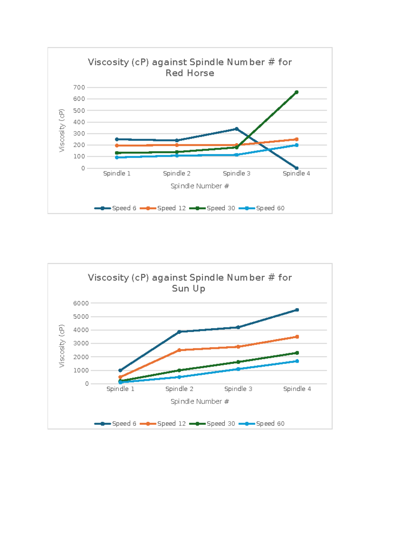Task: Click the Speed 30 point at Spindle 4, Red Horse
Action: (296, 92)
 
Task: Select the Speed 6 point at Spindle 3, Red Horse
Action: (236, 129)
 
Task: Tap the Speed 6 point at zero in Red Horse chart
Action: (296, 168)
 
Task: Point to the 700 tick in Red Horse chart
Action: (79, 88)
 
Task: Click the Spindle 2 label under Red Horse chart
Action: (177, 173)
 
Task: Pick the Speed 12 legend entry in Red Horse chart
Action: (163, 208)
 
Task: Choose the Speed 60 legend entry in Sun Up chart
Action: (262, 424)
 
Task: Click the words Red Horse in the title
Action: (190, 73)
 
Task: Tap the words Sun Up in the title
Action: (189, 288)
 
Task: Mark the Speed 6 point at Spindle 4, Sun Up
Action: (297, 310)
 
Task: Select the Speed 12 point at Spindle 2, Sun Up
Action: (179, 350)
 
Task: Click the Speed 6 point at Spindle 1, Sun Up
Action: (120, 370)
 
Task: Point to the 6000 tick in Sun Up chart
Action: (81, 303)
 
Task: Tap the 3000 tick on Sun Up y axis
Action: (81, 344)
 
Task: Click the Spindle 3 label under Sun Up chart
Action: (238, 389)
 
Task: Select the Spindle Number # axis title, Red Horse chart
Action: (200, 186)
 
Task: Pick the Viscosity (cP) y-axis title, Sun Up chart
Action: (62, 346)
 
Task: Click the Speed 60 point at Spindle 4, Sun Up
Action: (297, 361)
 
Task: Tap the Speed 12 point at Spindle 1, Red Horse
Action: (117, 146)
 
